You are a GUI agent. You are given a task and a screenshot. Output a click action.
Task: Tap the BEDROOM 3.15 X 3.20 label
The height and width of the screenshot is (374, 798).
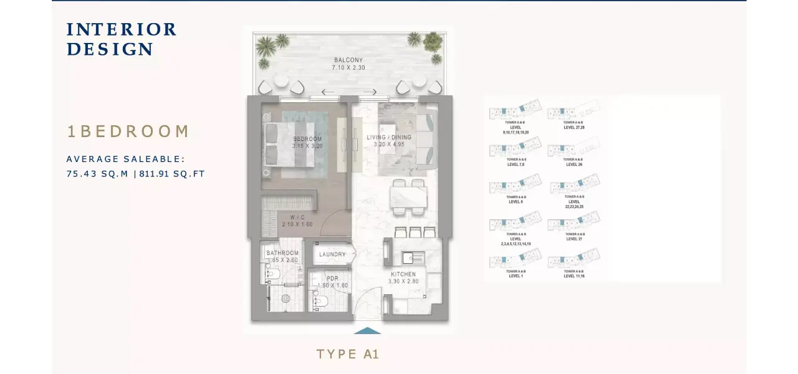click(307, 142)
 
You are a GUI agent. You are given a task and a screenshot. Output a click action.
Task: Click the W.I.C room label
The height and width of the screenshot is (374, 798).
click(297, 221)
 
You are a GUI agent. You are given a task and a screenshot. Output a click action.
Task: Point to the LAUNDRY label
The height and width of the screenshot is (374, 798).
click(332, 254)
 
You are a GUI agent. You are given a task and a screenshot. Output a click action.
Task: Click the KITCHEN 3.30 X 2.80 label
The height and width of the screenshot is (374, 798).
click(403, 277)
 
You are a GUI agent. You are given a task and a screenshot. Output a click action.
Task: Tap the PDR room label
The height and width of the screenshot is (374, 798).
click(332, 282)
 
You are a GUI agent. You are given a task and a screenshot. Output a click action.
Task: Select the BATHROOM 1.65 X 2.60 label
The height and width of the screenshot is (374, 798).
click(282, 256)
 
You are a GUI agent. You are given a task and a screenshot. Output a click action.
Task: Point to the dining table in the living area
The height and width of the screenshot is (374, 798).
click(409, 198)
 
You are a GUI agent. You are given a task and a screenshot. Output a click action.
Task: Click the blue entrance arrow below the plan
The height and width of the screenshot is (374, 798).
click(367, 330)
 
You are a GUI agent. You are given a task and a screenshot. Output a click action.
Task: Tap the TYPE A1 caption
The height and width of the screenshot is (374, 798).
click(348, 354)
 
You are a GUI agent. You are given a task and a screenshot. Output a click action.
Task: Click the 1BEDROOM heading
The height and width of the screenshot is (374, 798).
click(128, 132)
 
